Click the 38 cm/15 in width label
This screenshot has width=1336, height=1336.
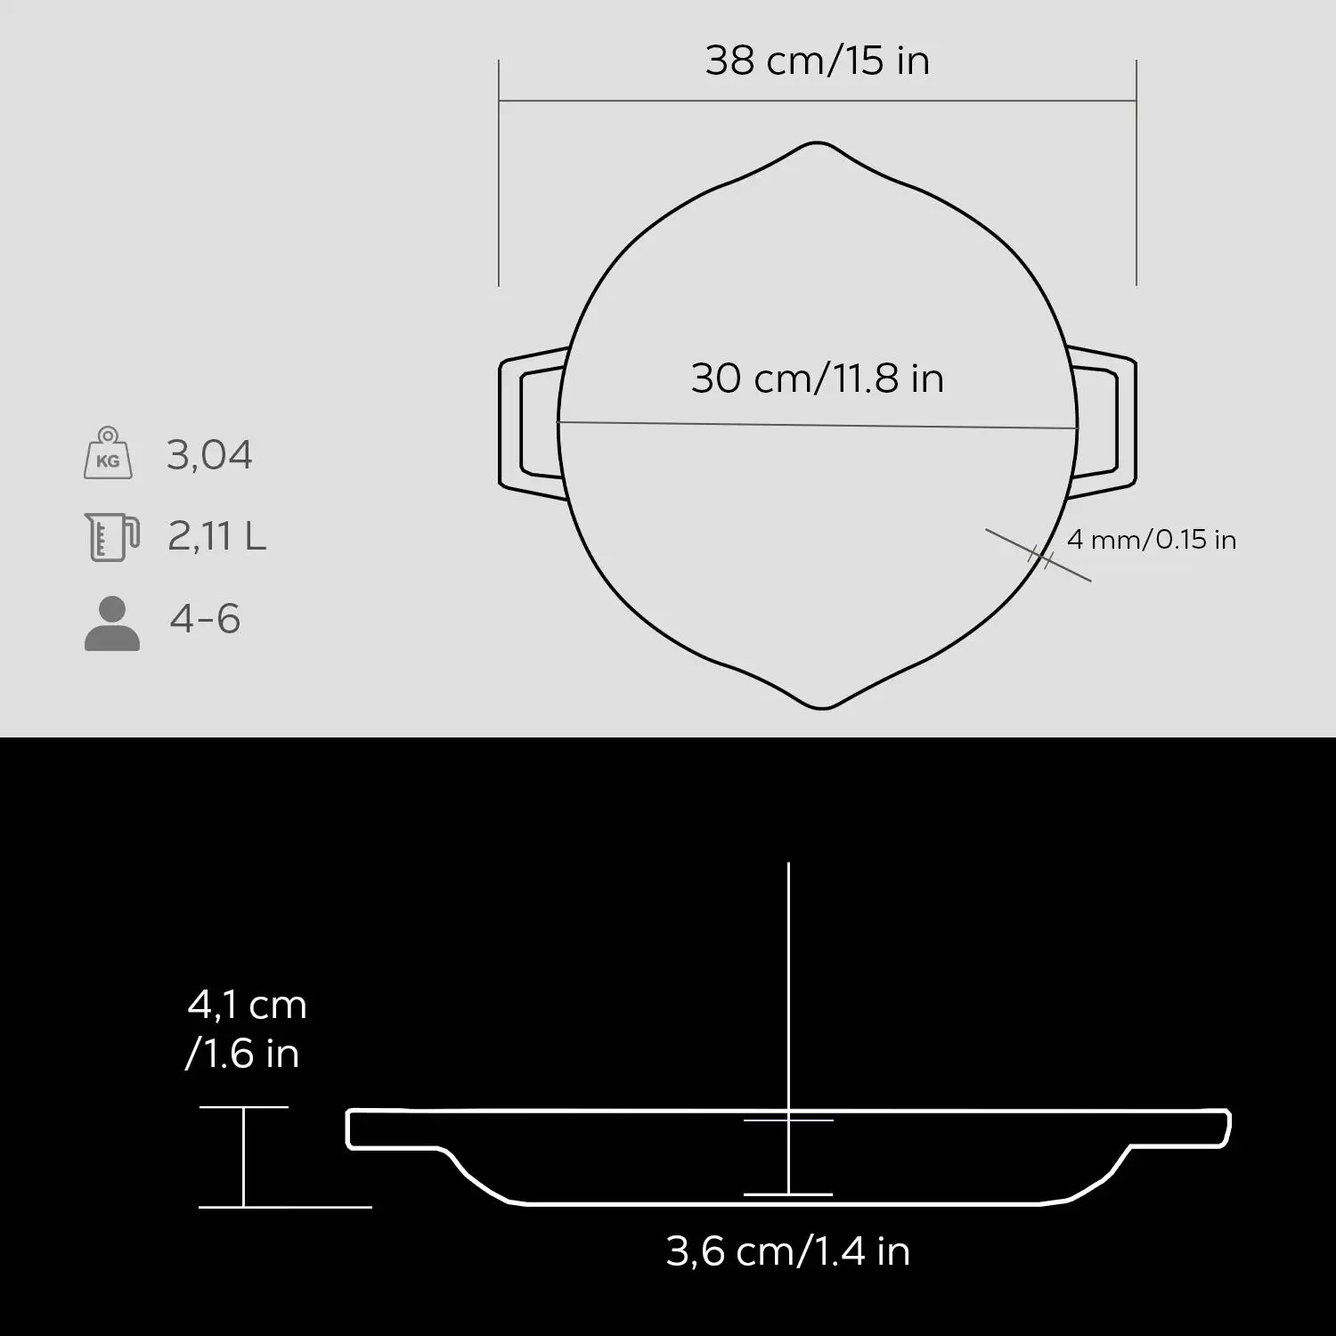(x=817, y=61)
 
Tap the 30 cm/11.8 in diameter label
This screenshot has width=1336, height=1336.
(x=817, y=379)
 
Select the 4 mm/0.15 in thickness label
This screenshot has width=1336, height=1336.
(x=1151, y=540)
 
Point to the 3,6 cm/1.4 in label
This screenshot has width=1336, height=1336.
(x=787, y=1251)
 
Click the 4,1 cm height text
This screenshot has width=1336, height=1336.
(x=247, y=1006)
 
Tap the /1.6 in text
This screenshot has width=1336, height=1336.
(x=241, y=1055)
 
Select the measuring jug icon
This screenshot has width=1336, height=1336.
(x=111, y=536)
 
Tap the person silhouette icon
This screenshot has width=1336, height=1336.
(x=112, y=623)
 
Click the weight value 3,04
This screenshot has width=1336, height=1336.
(x=209, y=455)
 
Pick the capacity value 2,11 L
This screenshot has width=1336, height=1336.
(x=216, y=537)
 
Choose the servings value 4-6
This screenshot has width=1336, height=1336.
(x=205, y=619)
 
